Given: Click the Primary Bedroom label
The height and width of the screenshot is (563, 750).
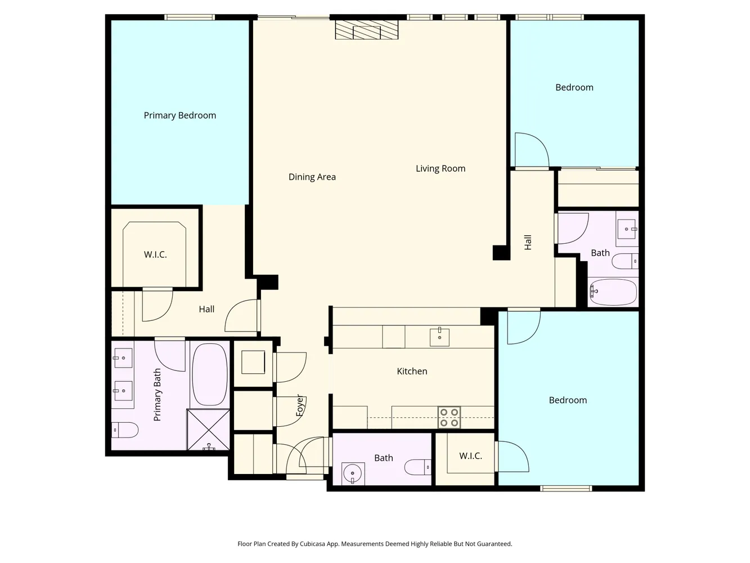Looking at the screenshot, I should pyautogui.click(x=179, y=115).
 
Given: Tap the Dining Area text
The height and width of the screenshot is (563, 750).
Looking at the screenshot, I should pyautogui.click(x=312, y=177).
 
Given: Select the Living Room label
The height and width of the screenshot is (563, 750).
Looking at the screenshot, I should pyautogui.click(x=440, y=168).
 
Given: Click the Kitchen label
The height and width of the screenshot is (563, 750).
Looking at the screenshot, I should pyautogui.click(x=412, y=371).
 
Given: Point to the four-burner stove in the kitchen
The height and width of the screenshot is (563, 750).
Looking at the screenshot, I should pyautogui.click(x=449, y=417).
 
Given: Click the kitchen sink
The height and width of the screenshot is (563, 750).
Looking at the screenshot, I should pyautogui.click(x=439, y=337).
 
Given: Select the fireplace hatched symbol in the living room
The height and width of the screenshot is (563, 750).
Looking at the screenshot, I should pyautogui.click(x=366, y=30).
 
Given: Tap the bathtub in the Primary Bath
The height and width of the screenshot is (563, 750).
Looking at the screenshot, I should pyautogui.click(x=210, y=374).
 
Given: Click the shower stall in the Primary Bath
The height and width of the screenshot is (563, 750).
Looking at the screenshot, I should pyautogui.click(x=208, y=430).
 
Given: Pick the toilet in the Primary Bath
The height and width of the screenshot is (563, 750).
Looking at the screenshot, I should pyautogui.click(x=124, y=430).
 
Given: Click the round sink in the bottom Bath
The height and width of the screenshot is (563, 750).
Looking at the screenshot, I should pyautogui.click(x=353, y=472).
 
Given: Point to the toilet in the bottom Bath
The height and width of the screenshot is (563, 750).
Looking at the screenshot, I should pyautogui.click(x=417, y=467).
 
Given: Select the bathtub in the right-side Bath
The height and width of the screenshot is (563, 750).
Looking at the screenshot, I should pyautogui.click(x=613, y=292).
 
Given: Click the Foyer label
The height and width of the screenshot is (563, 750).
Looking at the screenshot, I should pyautogui.click(x=300, y=405).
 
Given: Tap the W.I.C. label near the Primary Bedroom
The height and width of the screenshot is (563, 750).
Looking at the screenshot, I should pyautogui.click(x=155, y=254).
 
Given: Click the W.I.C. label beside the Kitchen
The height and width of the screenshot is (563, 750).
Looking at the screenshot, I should pyautogui.click(x=470, y=455).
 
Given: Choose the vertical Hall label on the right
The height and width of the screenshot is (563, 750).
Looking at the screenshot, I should pyautogui.click(x=528, y=243).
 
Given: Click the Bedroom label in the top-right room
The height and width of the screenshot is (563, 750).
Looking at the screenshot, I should pyautogui.click(x=574, y=87).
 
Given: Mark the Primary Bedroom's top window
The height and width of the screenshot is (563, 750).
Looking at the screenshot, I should pyautogui.click(x=190, y=17).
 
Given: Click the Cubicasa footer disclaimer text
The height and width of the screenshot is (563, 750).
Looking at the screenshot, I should pyautogui.click(x=375, y=544).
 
